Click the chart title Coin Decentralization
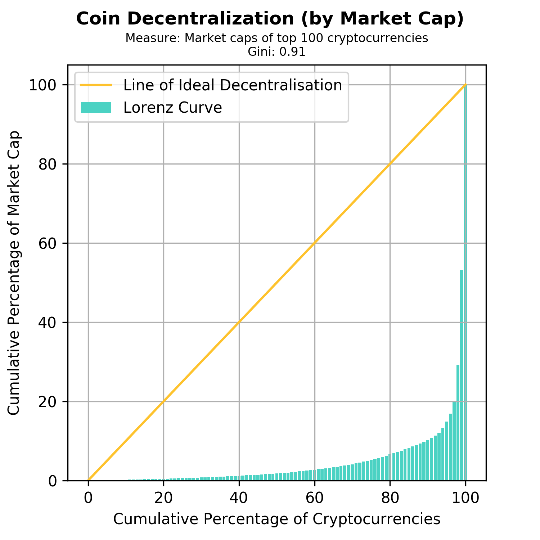pos(270,19)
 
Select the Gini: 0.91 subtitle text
pos(276,52)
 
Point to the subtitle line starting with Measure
pos(276,38)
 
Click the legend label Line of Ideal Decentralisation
pos(233,85)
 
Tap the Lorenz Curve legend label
pos(173,108)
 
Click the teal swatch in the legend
pos(96,108)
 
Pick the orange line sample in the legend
pos(96,85)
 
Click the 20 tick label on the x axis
pos(163,499)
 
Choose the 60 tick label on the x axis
pos(315,499)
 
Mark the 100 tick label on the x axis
pos(465,499)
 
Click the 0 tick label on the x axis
pos(88,499)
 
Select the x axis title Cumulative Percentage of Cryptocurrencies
pos(276,519)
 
